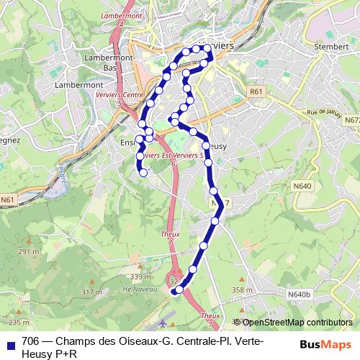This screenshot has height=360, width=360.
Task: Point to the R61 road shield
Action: [256, 91]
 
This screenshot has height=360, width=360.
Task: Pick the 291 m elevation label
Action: [29, 251]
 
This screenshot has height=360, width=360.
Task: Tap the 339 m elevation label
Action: [140, 276]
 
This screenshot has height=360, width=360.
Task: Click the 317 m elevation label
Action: [91, 292]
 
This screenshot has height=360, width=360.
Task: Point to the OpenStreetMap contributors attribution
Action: [296, 323]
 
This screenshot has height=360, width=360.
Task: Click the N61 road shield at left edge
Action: [8, 199]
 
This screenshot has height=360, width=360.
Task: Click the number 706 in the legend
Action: [31, 341]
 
